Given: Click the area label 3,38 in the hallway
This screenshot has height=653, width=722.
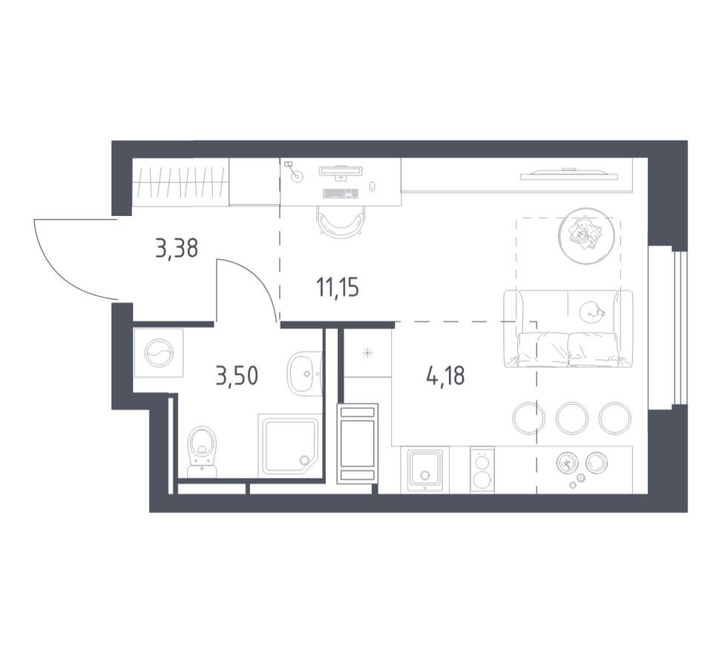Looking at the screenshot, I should (x=177, y=248).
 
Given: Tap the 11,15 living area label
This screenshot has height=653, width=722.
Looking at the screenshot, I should (x=338, y=287).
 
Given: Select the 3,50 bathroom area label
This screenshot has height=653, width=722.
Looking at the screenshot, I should (x=237, y=376).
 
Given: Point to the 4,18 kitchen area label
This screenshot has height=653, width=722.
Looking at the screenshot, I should (x=445, y=376).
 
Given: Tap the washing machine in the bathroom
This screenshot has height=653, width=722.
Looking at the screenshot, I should (x=158, y=353).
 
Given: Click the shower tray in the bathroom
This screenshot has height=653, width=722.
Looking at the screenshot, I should (x=289, y=445).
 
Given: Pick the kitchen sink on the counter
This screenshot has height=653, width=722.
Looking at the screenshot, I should (x=425, y=469).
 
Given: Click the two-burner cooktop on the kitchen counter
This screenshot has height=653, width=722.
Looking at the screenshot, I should (x=482, y=470).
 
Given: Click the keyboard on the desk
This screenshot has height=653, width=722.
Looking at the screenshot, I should (x=341, y=194).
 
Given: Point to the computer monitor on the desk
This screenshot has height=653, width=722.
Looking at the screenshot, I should (x=341, y=171).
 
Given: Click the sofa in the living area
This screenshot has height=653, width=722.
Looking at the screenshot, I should (x=568, y=329).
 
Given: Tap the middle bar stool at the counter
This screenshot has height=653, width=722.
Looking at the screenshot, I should (x=572, y=418).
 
